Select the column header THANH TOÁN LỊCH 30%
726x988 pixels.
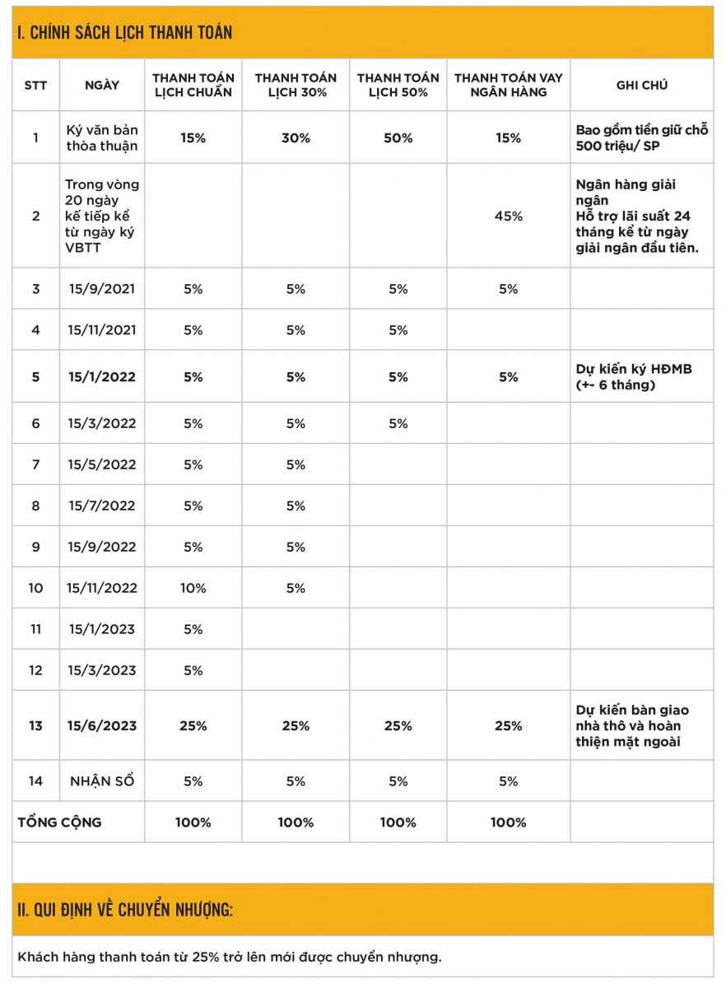(x=296, y=85)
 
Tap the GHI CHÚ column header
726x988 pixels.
(x=641, y=85)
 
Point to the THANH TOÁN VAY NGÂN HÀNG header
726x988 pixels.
(x=508, y=85)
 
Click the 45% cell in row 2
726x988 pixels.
(x=508, y=216)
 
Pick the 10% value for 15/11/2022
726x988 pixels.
(x=193, y=588)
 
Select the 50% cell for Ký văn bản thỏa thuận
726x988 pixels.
(x=398, y=138)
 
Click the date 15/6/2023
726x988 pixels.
(x=102, y=725)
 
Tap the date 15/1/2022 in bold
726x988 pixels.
(x=102, y=376)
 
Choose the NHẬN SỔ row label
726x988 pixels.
(x=102, y=781)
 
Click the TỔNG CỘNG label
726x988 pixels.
(x=59, y=822)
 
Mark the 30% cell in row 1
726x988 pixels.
(x=296, y=138)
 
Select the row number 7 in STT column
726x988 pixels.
(x=35, y=464)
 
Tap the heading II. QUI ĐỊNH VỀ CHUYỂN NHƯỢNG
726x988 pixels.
(x=125, y=910)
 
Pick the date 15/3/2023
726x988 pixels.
(x=102, y=670)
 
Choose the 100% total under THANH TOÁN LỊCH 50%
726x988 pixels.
(x=398, y=822)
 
